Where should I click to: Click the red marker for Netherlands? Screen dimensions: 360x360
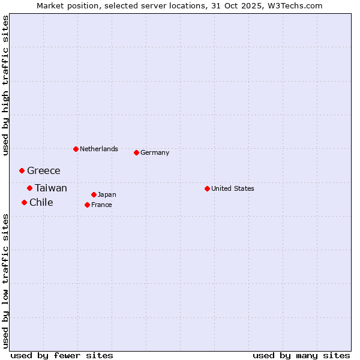point(76,149)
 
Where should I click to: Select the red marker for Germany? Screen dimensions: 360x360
point(136,152)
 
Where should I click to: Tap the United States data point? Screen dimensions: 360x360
point(207,188)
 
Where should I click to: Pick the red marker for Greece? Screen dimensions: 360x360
point(22,171)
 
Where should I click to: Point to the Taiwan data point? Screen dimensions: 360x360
point(29,188)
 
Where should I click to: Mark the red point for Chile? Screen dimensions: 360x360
point(24,202)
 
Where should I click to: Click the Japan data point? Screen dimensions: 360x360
point(94,194)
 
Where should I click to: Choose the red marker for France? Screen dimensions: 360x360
point(87,205)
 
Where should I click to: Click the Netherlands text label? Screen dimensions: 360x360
point(99,149)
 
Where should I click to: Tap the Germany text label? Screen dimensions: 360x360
point(155,152)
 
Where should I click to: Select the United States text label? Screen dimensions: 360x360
point(233,188)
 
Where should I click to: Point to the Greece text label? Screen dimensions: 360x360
point(44,171)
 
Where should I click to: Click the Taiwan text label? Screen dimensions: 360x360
point(51,188)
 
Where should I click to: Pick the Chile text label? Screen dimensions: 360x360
point(41,202)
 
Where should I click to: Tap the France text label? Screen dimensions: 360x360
point(101,205)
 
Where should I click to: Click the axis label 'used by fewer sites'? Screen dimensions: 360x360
point(62,355)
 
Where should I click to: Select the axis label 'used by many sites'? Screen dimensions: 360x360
point(301,355)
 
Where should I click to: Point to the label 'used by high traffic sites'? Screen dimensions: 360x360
point(5,85)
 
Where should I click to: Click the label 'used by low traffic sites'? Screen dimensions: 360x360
point(5,281)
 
